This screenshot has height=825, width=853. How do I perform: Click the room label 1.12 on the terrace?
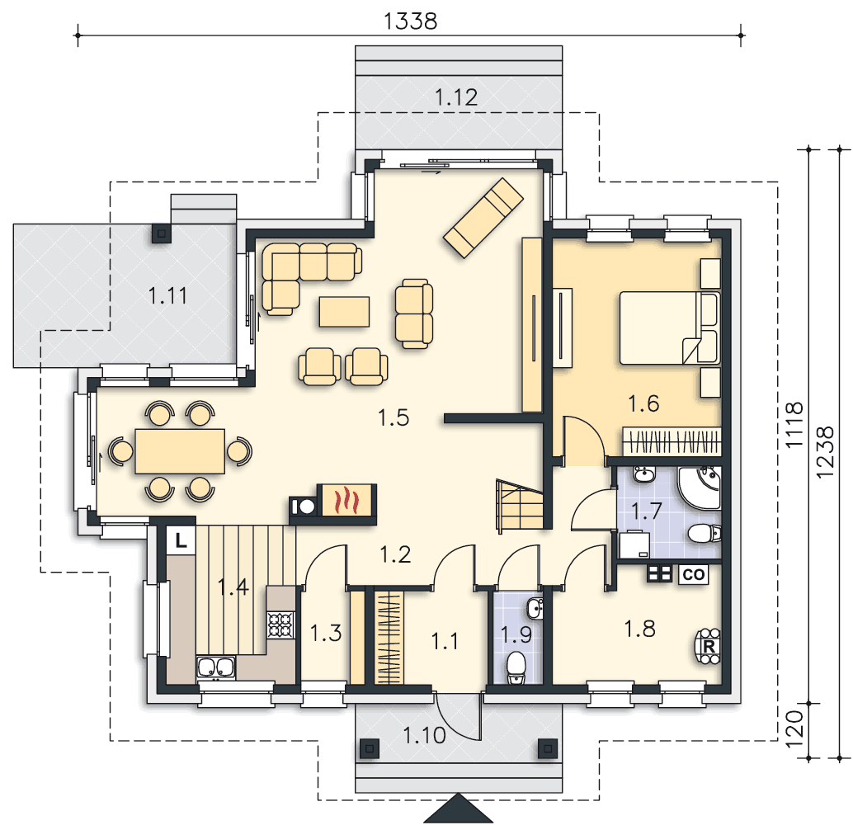coord(456,97)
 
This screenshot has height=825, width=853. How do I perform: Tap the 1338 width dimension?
coord(410,21)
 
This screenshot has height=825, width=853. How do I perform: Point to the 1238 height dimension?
coord(825,451)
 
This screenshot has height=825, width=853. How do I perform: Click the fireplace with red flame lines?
coord(348,500)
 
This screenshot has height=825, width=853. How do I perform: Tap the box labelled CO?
coord(693,575)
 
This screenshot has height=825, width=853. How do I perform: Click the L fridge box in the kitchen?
coord(181,540)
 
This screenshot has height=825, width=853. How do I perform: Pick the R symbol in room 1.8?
coord(709,647)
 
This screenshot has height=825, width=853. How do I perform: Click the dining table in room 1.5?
coord(180,451)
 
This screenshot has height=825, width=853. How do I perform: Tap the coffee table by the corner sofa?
coord(344,311)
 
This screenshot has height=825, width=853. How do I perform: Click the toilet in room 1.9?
coord(515,667)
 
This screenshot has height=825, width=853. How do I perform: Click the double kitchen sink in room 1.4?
coord(216,667)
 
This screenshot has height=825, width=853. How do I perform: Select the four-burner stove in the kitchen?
coord(280,625)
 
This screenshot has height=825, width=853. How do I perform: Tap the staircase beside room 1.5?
coord(520,506)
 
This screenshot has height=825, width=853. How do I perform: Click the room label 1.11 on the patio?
coord(167,296)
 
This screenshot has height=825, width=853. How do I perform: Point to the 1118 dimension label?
coord(794,425)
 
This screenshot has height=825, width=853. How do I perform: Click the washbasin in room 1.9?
coord(535,608)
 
